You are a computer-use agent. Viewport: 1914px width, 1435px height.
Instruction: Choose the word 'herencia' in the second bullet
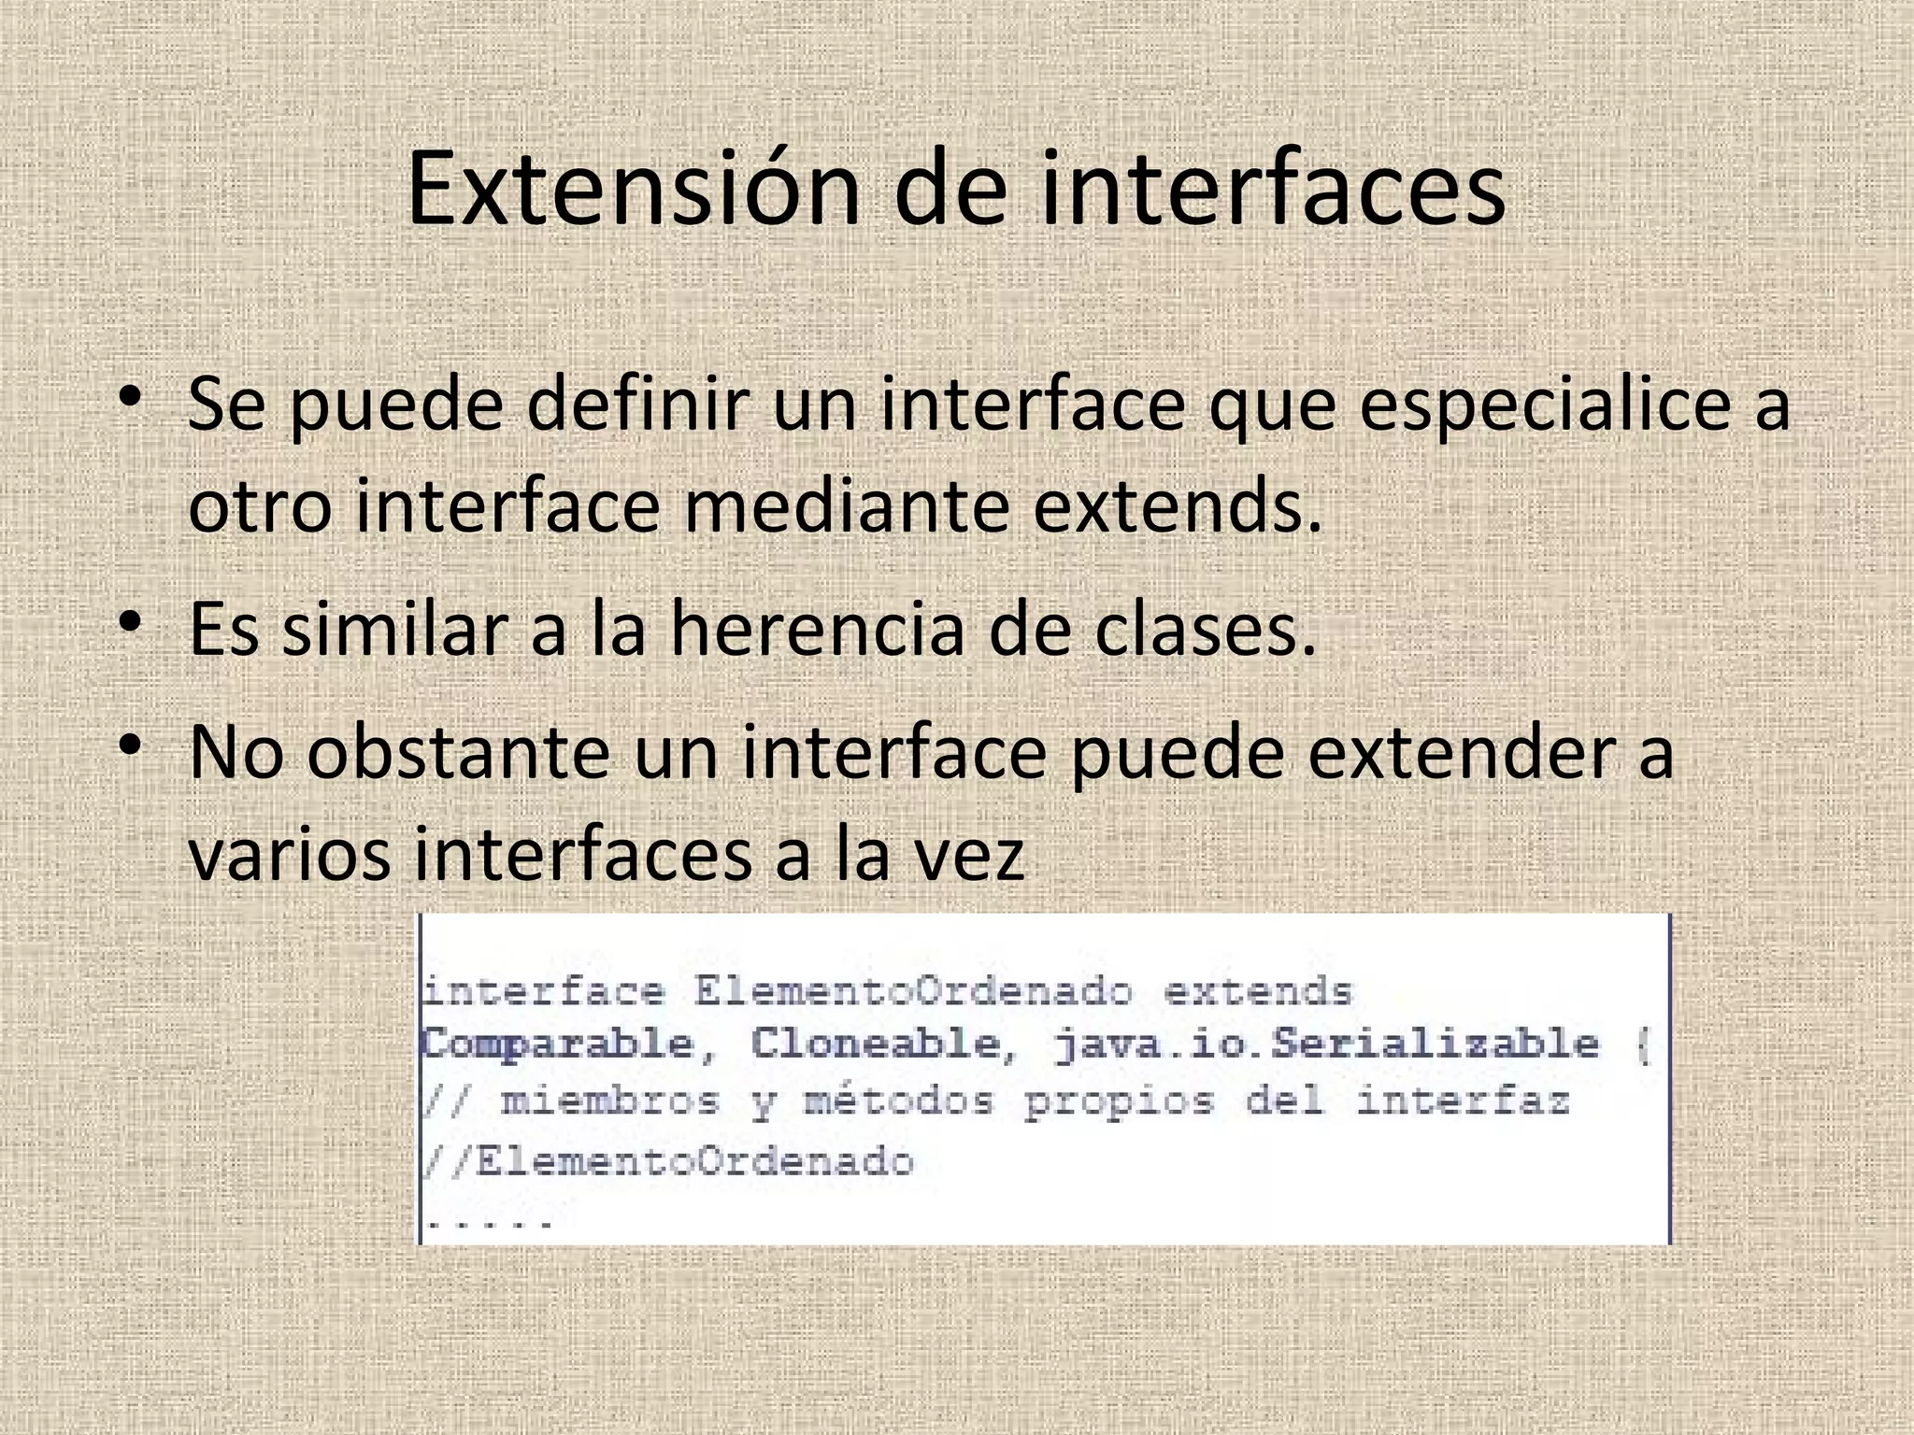pos(816,629)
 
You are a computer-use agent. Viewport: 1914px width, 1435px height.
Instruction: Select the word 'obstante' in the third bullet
pos(457,753)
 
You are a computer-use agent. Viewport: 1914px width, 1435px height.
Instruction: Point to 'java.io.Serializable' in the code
pos(1327,1044)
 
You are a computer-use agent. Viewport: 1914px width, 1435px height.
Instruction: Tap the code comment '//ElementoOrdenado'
pos(668,1161)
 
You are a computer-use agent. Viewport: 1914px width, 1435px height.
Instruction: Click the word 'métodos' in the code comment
pos(899,1102)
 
